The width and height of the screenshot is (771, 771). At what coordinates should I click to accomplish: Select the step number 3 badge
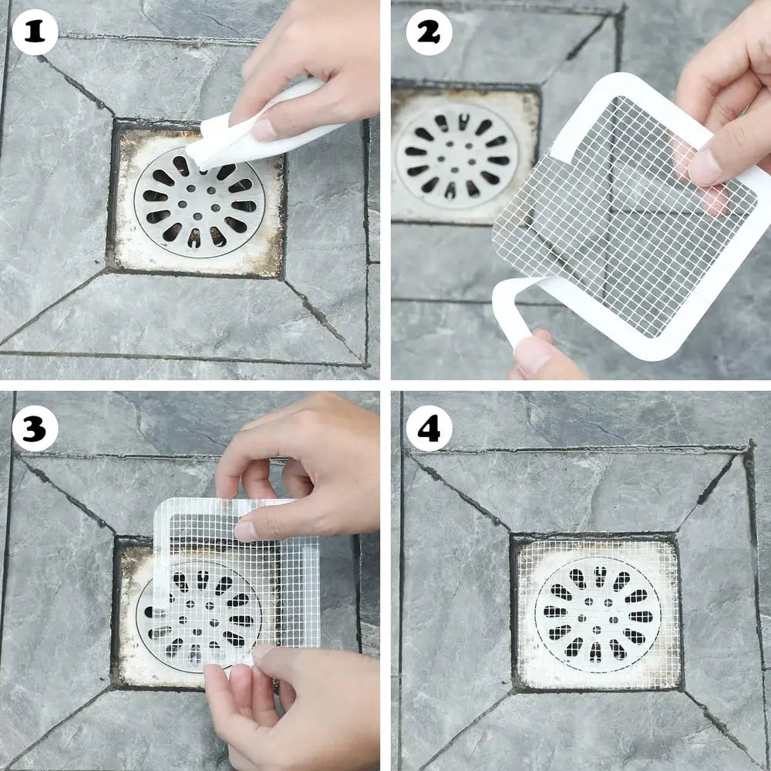point(35,429)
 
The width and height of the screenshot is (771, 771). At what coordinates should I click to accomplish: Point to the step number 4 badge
point(429,429)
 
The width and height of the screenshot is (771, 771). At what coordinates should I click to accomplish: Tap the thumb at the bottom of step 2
point(540,359)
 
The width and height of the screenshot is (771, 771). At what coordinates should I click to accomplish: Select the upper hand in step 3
point(301,463)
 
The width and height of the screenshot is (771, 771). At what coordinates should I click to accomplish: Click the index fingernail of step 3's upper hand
point(245,530)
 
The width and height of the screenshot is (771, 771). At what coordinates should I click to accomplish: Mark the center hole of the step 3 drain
point(198,613)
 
